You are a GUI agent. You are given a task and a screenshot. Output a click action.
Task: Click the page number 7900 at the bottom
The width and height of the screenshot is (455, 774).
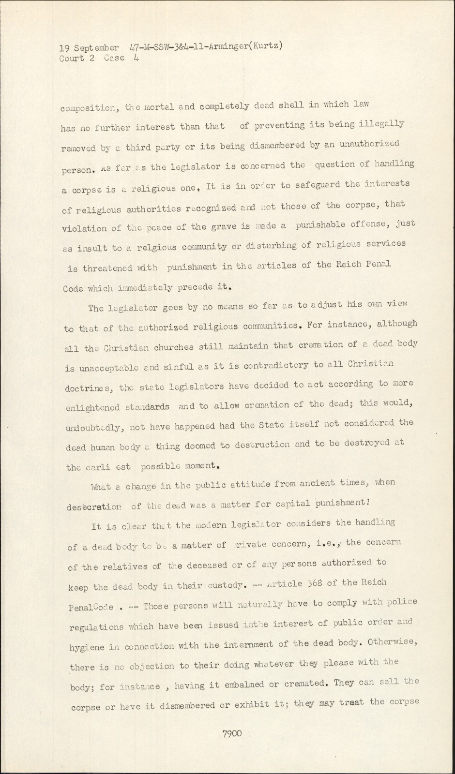click(232, 734)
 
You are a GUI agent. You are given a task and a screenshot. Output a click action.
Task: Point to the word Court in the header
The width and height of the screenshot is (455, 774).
click(72, 59)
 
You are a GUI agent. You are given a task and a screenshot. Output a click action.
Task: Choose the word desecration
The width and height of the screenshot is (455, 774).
click(96, 506)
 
